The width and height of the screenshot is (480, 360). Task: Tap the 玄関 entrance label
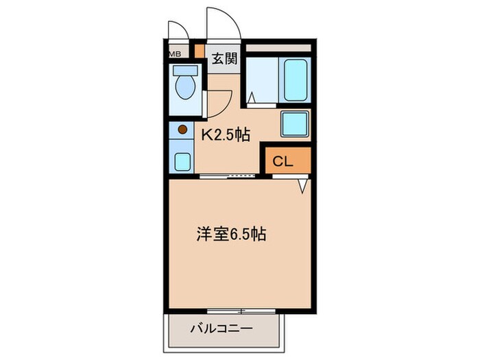pos(223,59)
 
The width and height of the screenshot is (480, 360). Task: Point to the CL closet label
pos(283,162)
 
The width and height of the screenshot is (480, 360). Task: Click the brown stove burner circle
pos(182,128)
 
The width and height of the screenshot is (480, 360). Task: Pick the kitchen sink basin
pos(182,161)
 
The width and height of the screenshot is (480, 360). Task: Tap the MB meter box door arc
pos(178,30)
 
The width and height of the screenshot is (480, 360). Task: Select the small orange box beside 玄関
pos(199,51)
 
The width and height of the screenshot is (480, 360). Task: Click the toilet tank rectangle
pos(183,70)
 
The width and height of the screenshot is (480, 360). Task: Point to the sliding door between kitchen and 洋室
pos(230,176)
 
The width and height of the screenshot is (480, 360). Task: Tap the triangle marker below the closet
pos(302,185)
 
